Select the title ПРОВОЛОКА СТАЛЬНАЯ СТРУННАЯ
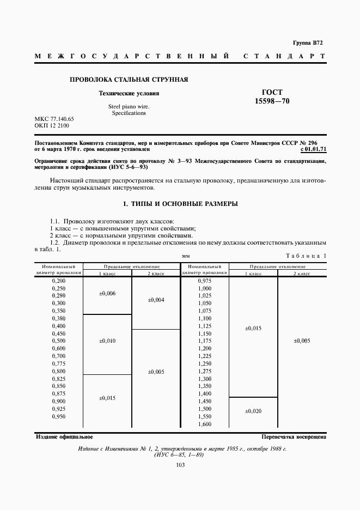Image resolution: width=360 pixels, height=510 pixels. click(x=129, y=80)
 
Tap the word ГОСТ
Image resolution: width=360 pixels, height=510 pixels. click(x=272, y=93)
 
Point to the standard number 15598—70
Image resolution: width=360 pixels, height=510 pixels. click(x=272, y=102)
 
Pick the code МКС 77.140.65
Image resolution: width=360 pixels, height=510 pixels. click(x=54, y=119)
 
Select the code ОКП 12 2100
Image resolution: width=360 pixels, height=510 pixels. click(x=52, y=126)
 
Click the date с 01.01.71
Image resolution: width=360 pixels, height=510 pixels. click(x=313, y=148)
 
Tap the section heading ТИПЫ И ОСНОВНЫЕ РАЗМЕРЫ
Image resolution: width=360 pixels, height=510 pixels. click(x=180, y=204)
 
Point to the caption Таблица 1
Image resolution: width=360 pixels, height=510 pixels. click(x=306, y=256)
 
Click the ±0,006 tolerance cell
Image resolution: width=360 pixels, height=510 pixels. click(x=107, y=294)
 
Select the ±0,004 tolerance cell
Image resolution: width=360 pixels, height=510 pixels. click(x=156, y=300)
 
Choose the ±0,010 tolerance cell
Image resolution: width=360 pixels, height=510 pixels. click(x=107, y=341)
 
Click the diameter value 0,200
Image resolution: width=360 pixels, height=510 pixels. click(x=58, y=280)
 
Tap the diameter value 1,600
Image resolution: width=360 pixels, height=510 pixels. click(x=205, y=424)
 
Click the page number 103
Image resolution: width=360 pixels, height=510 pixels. click(x=180, y=465)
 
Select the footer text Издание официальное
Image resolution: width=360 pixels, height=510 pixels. click(x=64, y=437)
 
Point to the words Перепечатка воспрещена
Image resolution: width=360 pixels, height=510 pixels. click(x=294, y=437)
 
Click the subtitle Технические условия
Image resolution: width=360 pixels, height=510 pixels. click(x=129, y=94)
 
